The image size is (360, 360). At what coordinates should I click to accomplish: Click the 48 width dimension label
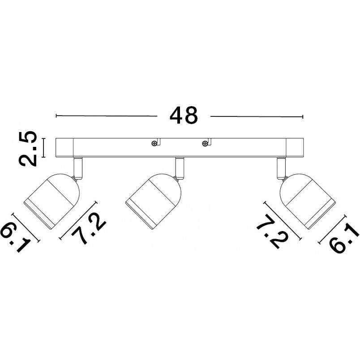184,115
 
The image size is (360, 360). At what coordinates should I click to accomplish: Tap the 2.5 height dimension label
28,149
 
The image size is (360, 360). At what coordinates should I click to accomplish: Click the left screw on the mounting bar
154,143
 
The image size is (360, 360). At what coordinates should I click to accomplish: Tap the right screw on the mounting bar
204,144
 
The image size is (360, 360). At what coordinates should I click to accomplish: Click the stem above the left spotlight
77,168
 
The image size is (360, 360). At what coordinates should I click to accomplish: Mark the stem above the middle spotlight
179,168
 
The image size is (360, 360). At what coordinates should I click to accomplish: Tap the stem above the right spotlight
282,168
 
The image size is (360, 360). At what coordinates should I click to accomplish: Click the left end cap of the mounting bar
64,148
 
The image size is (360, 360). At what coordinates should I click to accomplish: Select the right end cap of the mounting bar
295,148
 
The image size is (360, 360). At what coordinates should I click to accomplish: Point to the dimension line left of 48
107,116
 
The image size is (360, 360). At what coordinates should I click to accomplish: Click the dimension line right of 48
257,116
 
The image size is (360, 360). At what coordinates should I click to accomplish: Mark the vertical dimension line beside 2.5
43,148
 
